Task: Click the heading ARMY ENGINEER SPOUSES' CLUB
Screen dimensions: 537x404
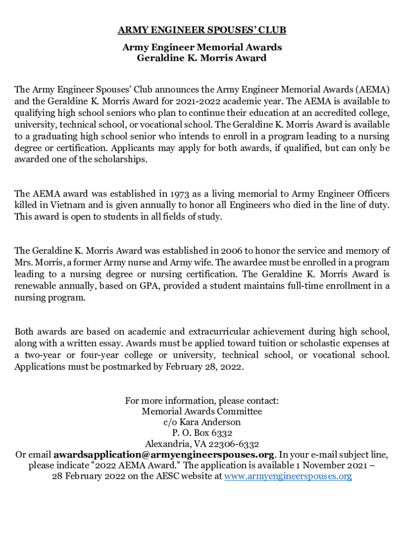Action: point(202,29)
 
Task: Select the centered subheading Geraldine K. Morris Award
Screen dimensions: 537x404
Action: point(202,58)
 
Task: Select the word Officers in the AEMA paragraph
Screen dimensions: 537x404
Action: point(371,194)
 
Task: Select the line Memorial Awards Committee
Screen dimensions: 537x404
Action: point(202,412)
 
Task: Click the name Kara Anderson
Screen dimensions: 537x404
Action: point(211,422)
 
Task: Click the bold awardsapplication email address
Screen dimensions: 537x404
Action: point(164,455)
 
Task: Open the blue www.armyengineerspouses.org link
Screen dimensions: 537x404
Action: point(288,476)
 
